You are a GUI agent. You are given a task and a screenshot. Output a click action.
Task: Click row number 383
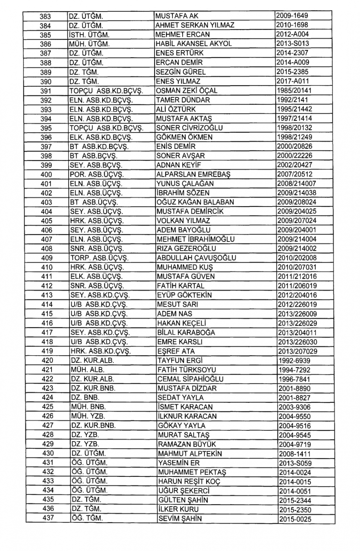45,16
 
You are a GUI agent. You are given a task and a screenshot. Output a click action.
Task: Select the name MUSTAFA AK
177,16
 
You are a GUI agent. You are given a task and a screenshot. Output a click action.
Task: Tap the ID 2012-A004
292,35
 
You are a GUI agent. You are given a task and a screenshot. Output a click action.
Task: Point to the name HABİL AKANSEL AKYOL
194,44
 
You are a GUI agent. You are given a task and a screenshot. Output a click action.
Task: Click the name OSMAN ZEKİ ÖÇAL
187,91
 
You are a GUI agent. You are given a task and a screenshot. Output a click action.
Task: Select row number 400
46,175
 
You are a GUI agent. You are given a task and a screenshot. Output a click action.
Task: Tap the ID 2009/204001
297,230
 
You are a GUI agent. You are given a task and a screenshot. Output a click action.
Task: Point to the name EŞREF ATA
176,351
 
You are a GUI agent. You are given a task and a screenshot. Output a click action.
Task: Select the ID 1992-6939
294,361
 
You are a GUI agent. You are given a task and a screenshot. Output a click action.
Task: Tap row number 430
48,453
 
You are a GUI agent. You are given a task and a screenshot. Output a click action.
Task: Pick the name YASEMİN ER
179,463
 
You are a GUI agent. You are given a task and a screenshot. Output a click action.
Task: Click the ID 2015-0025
295,519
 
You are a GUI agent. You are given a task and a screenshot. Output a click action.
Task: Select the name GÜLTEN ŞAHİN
183,500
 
